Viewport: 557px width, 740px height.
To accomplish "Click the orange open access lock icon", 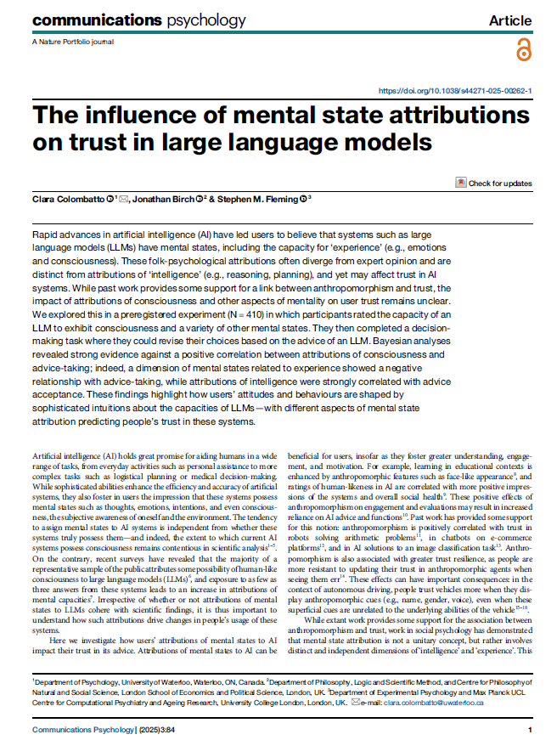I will tap(522, 50).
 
